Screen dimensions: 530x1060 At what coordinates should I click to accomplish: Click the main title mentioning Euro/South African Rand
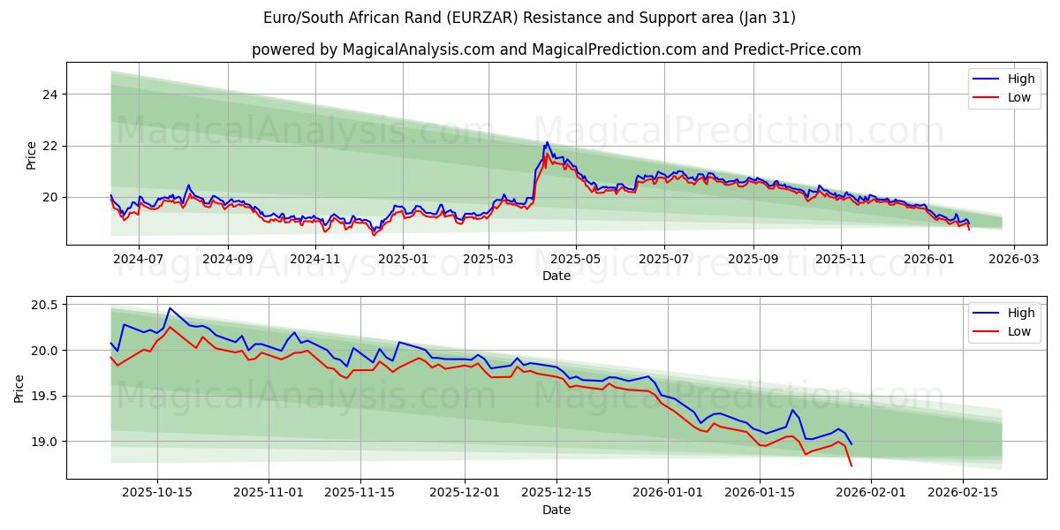529,18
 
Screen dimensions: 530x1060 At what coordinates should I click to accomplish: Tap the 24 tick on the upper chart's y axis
51,95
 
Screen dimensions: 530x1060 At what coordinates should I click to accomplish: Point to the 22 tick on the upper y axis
51,146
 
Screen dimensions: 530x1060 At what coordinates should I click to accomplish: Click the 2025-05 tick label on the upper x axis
576,260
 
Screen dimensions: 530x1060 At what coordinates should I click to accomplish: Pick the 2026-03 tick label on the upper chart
1013,260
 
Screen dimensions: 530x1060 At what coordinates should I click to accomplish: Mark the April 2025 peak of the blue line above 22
547,142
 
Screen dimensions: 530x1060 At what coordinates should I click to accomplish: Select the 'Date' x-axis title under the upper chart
556,276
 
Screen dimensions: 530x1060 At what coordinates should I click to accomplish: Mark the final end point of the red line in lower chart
851,466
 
